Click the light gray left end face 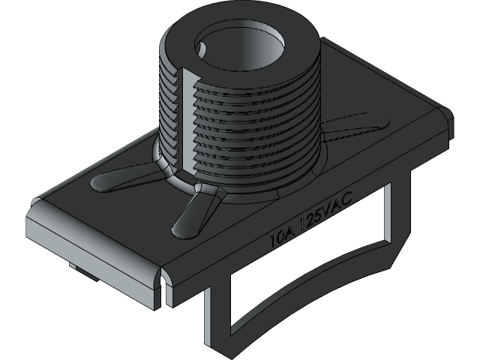tap(90, 240)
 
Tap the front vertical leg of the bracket tap(217, 315)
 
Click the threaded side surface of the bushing tap(247, 135)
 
